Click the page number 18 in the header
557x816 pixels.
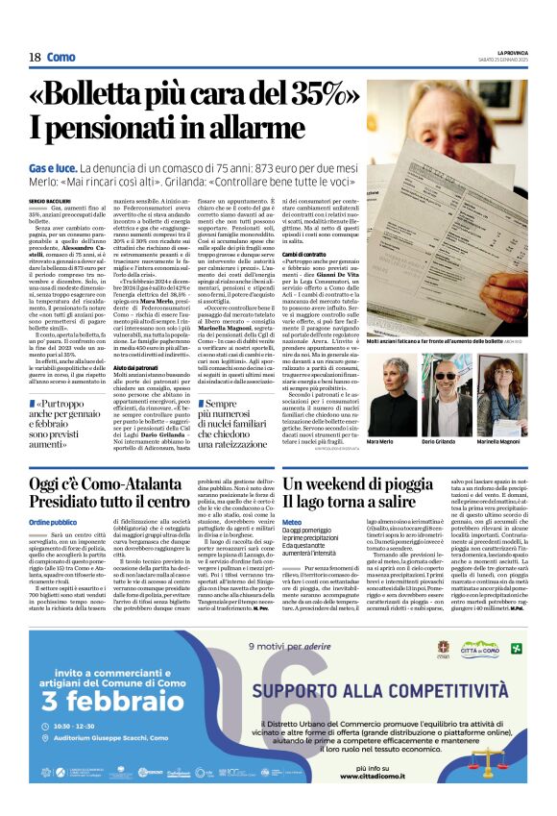pos(35,57)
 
